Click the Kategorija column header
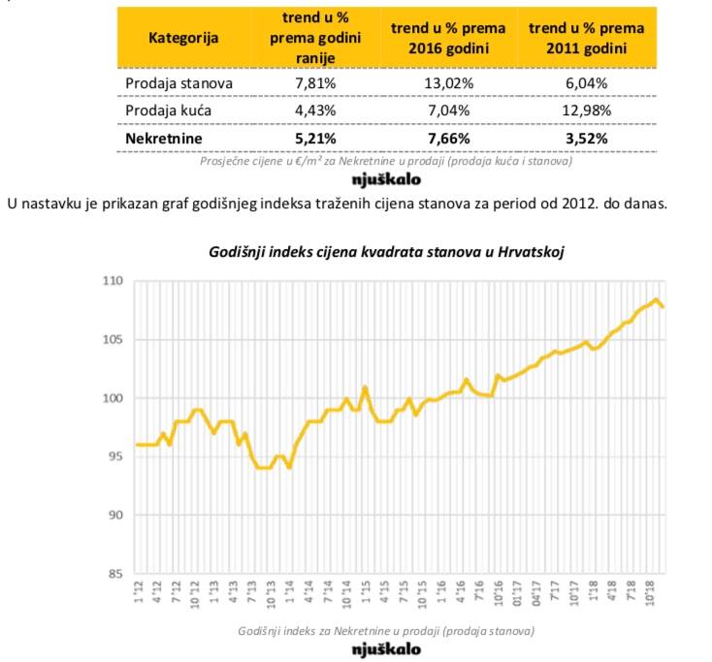coord(183,38)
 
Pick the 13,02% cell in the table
coord(450,82)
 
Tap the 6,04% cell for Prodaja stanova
coord(586,82)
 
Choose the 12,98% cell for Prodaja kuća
coord(586,110)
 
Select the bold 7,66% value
coord(450,138)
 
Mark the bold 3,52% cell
coord(586,138)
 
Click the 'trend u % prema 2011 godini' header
coord(586,38)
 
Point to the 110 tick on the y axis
coord(113,281)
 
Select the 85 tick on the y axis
coord(117,573)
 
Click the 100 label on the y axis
coord(113,398)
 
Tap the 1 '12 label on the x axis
coord(140,590)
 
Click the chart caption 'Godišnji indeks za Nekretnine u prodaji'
coord(386,630)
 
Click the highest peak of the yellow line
coord(657,299)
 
